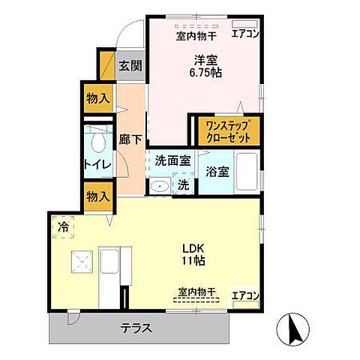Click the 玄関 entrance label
coord(130,65)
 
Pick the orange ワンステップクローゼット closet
coord(228,130)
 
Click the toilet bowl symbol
coord(97,141)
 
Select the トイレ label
coord(98,164)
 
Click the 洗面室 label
coord(173,160)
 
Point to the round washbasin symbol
coord(159,187)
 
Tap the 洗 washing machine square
coord(183,184)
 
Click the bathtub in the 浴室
coord(247,172)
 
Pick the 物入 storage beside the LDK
coord(98,196)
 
